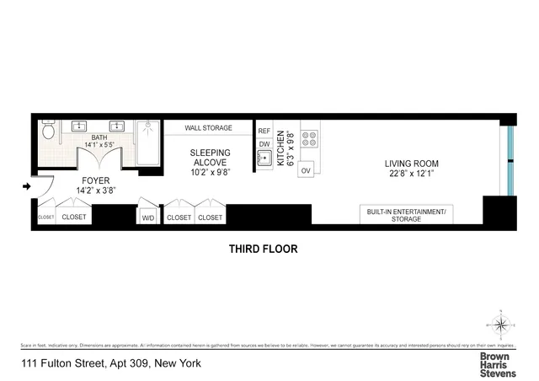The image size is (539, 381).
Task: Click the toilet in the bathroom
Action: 49,131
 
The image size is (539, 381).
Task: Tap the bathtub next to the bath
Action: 149,143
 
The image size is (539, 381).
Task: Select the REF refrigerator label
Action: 264,131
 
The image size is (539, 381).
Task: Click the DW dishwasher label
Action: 264,144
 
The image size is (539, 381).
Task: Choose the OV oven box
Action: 306,170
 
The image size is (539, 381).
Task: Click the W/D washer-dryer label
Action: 148,217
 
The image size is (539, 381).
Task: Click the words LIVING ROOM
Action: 412,164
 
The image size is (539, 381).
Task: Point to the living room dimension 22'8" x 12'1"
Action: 412,174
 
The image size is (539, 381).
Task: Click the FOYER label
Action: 95,180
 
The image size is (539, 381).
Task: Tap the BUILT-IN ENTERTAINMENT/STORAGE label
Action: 408,213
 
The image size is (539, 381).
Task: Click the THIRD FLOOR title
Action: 264,250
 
